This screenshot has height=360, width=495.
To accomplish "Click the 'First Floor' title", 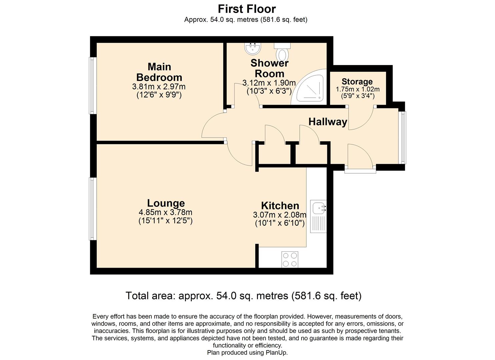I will coord(247,9).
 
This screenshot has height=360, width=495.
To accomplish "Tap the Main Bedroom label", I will coord(159,72).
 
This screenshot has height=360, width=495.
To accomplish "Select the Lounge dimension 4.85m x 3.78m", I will coord(165,212).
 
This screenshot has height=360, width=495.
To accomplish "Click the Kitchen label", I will coord(280,206).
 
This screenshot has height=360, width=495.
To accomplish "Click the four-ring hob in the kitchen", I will coord(290,260).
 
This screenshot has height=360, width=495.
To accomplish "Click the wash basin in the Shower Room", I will coord(252,49).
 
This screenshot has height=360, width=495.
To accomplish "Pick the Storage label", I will coord(357,82).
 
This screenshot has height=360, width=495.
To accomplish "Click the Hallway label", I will coord(328,122).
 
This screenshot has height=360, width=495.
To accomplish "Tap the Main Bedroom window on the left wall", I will coord(92,86).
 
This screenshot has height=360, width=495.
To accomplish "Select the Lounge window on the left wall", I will coord(92,209).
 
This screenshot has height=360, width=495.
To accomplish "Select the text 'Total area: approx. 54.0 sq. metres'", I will coord(207,296).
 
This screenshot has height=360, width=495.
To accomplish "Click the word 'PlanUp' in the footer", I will coord(275,353).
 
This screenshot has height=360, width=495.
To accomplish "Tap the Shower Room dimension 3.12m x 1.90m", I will coord(269,83).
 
